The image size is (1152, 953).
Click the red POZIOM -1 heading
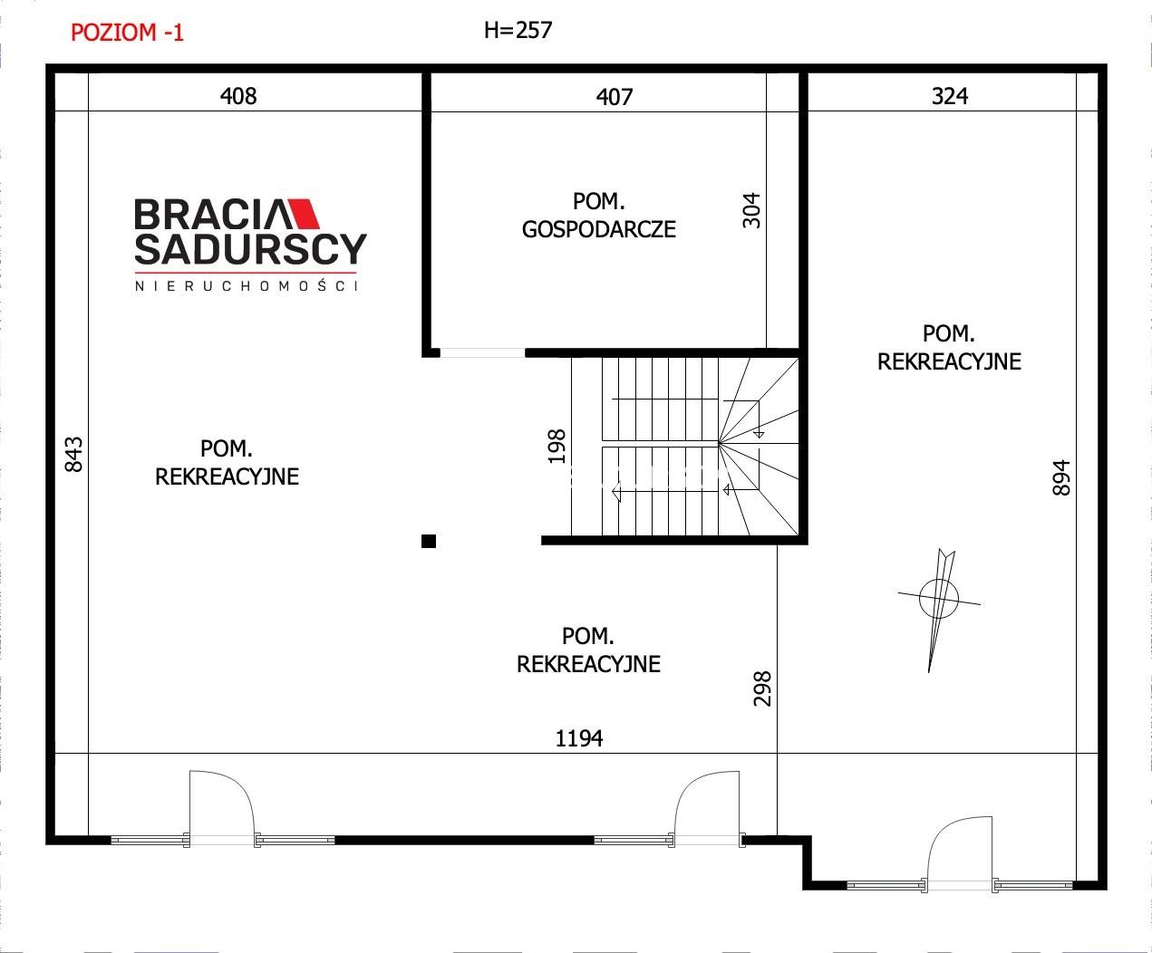(127, 33)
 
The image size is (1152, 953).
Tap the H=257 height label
(518, 30)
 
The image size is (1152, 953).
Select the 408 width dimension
(238, 96)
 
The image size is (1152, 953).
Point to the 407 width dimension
(615, 97)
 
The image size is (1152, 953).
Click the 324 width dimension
(950, 96)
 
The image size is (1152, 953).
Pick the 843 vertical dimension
(74, 455)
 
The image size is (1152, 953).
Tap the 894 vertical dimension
(1061, 477)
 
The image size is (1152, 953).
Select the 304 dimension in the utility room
(751, 211)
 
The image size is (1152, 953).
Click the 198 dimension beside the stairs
(557, 447)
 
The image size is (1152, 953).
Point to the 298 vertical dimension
(762, 688)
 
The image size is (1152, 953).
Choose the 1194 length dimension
(579, 738)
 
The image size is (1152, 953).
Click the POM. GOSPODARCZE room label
(598, 215)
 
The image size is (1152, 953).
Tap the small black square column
(429, 541)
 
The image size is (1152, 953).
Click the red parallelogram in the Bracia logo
(305, 213)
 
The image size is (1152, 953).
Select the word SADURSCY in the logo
(250, 248)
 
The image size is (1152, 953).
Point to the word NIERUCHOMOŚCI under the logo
(247, 285)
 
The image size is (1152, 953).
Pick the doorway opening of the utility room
(482, 352)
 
